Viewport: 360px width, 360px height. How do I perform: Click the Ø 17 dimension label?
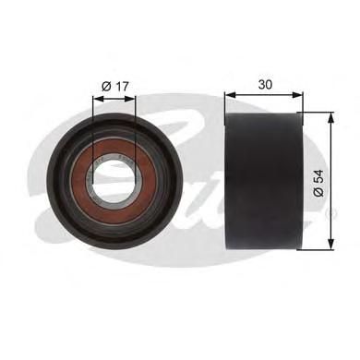pos(114,87)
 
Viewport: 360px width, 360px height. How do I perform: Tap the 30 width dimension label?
pos(265,84)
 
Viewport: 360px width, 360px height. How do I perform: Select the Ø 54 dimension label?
pos(318,183)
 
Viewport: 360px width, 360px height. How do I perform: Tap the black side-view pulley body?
pos(264,182)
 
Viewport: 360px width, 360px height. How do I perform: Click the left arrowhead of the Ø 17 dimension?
pos(98,99)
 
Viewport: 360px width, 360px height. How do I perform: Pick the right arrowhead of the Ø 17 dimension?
pos(130,99)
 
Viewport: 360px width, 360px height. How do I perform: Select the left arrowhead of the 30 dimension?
pos(230,94)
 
